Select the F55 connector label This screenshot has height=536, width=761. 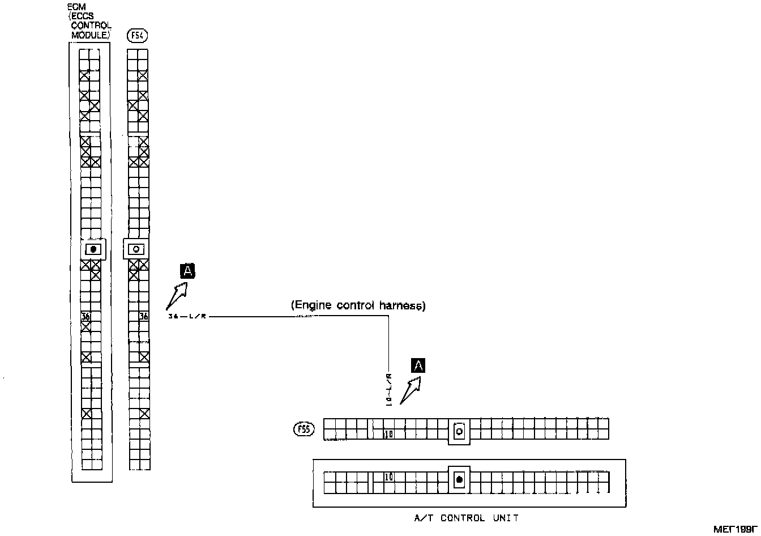click(303, 429)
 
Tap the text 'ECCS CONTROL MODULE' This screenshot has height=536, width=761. click(90, 25)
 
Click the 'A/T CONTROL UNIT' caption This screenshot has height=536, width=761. click(467, 518)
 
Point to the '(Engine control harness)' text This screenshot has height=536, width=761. click(358, 305)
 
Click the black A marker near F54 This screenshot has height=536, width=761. click(187, 271)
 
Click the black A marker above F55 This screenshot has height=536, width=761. click(418, 365)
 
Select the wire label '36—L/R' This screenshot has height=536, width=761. click(187, 317)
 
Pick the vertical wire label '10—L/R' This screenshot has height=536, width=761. click(389, 389)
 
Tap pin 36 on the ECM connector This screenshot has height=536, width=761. click(85, 316)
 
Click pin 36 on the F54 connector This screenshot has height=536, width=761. click(144, 316)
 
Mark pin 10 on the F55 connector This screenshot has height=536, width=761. click(388, 435)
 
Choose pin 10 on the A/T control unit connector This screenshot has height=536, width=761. click(388, 477)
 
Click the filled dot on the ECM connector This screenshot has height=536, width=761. click(93, 249)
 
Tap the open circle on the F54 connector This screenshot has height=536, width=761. click(135, 249)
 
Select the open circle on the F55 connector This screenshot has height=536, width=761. click(459, 431)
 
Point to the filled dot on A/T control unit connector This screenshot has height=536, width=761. click(459, 480)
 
